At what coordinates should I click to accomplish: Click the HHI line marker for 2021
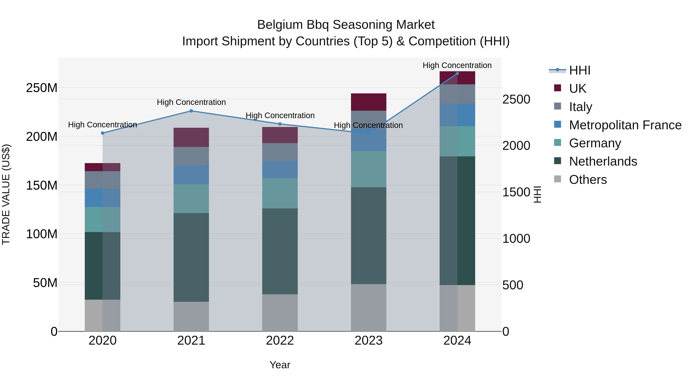pyautogui.click(x=191, y=111)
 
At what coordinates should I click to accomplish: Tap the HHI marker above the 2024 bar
pyautogui.click(x=457, y=74)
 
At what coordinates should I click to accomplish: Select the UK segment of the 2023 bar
pyautogui.click(x=368, y=102)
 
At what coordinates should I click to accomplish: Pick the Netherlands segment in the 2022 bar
pyautogui.click(x=280, y=251)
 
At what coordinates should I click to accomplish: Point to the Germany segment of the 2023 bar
pyautogui.click(x=368, y=169)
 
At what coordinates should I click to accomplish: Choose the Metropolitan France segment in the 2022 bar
pyautogui.click(x=280, y=169)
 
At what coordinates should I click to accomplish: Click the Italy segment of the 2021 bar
pyautogui.click(x=191, y=156)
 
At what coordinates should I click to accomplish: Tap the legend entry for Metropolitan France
pyautogui.click(x=625, y=125)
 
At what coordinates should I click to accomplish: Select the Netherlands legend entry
pyautogui.click(x=603, y=161)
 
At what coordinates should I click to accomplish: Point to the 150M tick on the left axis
pyautogui.click(x=42, y=185)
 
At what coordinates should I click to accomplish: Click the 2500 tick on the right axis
pyautogui.click(x=516, y=99)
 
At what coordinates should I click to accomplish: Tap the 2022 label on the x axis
pyautogui.click(x=280, y=341)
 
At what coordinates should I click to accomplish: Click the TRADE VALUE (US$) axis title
pyautogui.click(x=6, y=194)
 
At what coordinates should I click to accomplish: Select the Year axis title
pyautogui.click(x=280, y=365)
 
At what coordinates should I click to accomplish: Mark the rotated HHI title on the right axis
pyautogui.click(x=537, y=194)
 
